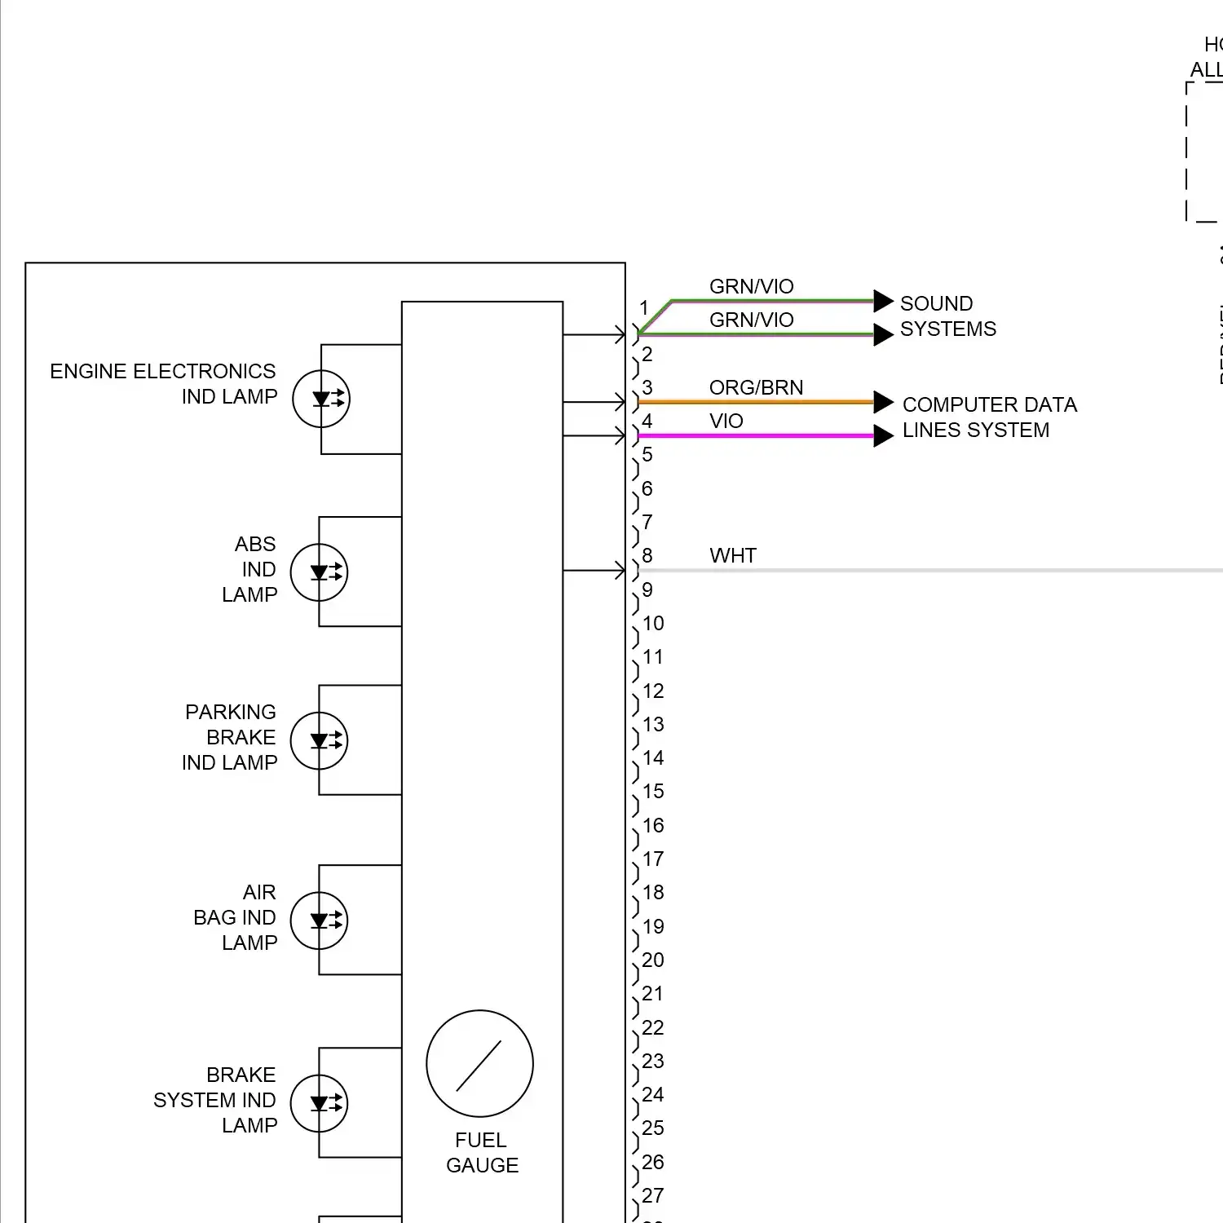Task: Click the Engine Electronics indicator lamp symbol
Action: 321,399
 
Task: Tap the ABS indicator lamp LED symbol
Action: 320,572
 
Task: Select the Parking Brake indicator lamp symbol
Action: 320,741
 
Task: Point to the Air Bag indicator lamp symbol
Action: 320,921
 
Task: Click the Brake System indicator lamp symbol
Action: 320,1104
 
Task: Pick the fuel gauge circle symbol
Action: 479,1064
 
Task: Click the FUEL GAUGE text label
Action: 482,1152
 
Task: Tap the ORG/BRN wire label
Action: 756,387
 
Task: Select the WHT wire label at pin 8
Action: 733,556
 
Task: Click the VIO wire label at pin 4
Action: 726,421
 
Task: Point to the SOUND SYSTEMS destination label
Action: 947,316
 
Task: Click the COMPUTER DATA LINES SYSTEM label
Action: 989,417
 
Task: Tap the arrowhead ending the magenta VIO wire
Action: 883,435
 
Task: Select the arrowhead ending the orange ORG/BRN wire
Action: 883,402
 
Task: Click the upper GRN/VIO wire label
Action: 751,286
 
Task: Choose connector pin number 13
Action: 653,724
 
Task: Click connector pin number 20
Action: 653,960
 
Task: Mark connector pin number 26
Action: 653,1162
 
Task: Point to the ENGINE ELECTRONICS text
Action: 163,372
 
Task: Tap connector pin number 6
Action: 647,488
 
